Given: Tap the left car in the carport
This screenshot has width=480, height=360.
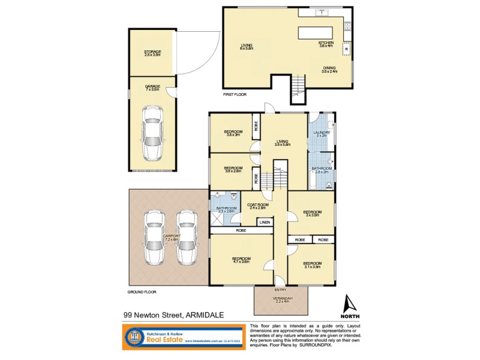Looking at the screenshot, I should point(154,238).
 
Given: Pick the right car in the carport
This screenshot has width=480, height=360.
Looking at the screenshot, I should point(187,238).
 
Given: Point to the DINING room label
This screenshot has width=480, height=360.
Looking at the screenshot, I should point(329,69).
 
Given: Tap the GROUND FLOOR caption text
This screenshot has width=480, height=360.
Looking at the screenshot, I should point(142,291).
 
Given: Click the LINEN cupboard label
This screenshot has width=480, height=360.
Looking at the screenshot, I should point(265,223).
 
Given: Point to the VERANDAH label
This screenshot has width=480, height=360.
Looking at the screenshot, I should point(281,299).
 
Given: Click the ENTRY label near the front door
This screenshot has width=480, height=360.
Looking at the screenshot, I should point(281,289).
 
